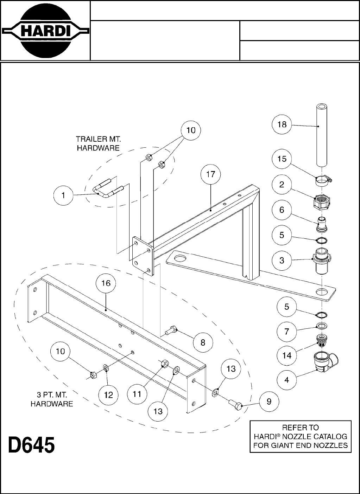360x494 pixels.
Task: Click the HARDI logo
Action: [x=45, y=31]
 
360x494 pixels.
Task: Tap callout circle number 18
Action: [x=282, y=124]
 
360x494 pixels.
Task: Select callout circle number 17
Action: [x=210, y=174]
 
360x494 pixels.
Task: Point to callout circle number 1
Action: [x=63, y=195]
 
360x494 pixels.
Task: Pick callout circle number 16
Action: [x=106, y=283]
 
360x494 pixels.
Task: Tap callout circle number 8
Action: [x=203, y=342]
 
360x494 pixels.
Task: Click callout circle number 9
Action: [x=269, y=402]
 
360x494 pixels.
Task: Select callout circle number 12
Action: [x=108, y=395]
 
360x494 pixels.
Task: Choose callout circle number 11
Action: [x=137, y=394]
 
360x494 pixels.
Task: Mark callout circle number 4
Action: [x=286, y=380]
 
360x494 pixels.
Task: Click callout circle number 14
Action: [x=286, y=355]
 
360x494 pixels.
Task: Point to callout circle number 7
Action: [x=286, y=331]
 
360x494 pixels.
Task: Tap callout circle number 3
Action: [x=282, y=261]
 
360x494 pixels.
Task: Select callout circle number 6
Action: [x=282, y=210]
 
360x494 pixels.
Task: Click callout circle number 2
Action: [x=282, y=184]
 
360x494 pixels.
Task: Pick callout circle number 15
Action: [x=282, y=159]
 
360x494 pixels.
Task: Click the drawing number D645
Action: [x=32, y=445]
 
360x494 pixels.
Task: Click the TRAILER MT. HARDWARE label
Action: [x=98, y=143]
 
